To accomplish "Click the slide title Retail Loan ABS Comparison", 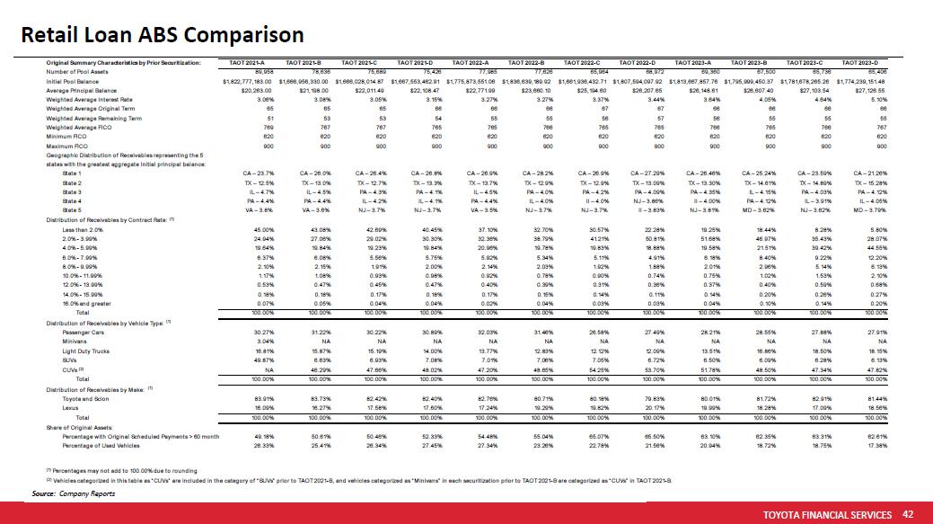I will pyautogui.click(x=163, y=35).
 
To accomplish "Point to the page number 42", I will pyautogui.click(x=908, y=513).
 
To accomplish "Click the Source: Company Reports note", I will pyautogui.click(x=74, y=494).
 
